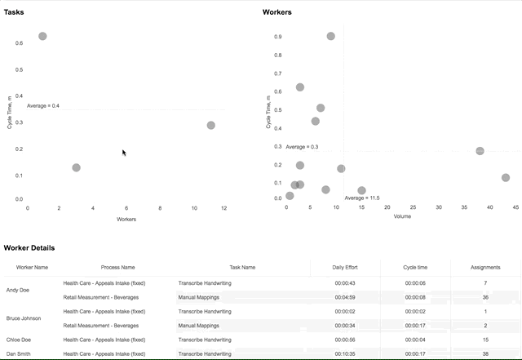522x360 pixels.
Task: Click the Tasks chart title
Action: tap(14, 12)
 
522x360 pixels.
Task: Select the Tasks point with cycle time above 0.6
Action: tap(42, 36)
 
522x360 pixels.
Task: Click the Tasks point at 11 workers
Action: tap(210, 126)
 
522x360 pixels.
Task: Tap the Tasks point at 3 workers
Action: tap(76, 167)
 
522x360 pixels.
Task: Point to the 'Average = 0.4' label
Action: tap(43, 106)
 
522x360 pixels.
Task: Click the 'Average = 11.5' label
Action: tap(362, 198)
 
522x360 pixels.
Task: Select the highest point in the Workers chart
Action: tap(330, 36)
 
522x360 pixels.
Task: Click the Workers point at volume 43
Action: tap(506, 178)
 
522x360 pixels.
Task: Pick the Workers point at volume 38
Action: tap(480, 151)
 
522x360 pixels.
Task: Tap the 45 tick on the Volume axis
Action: tap(515, 207)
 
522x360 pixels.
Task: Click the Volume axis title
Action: tap(402, 216)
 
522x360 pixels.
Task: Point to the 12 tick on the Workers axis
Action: tap(223, 208)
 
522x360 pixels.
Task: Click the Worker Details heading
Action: tap(29, 248)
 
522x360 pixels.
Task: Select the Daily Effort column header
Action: tap(345, 267)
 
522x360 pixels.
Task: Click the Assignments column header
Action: tap(485, 267)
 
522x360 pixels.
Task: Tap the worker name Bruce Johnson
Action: tap(24, 318)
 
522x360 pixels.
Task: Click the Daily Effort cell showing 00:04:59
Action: tap(345, 297)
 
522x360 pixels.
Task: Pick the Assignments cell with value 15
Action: tap(485, 340)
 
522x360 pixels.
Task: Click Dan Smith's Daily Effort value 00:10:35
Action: tap(345, 354)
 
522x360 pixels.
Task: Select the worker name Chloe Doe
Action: tap(18, 340)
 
